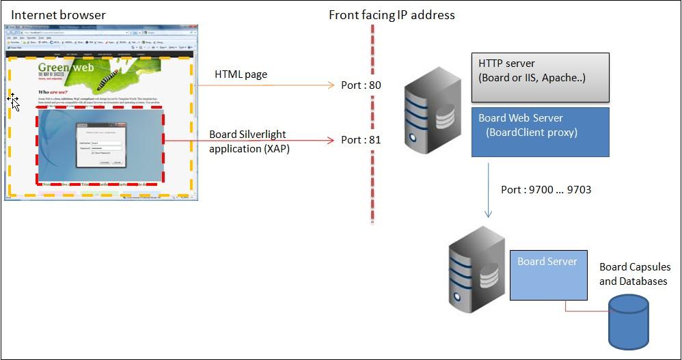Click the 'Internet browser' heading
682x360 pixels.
tap(59, 14)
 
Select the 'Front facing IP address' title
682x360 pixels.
tap(391, 14)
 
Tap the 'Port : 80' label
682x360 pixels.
tap(361, 85)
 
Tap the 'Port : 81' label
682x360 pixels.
tap(361, 140)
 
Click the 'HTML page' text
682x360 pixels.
tap(241, 74)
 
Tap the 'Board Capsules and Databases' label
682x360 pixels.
tap(635, 274)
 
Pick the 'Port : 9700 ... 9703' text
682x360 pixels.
tap(545, 189)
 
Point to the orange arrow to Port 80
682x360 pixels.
tap(267, 86)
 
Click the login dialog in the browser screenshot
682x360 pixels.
tap(100, 145)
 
